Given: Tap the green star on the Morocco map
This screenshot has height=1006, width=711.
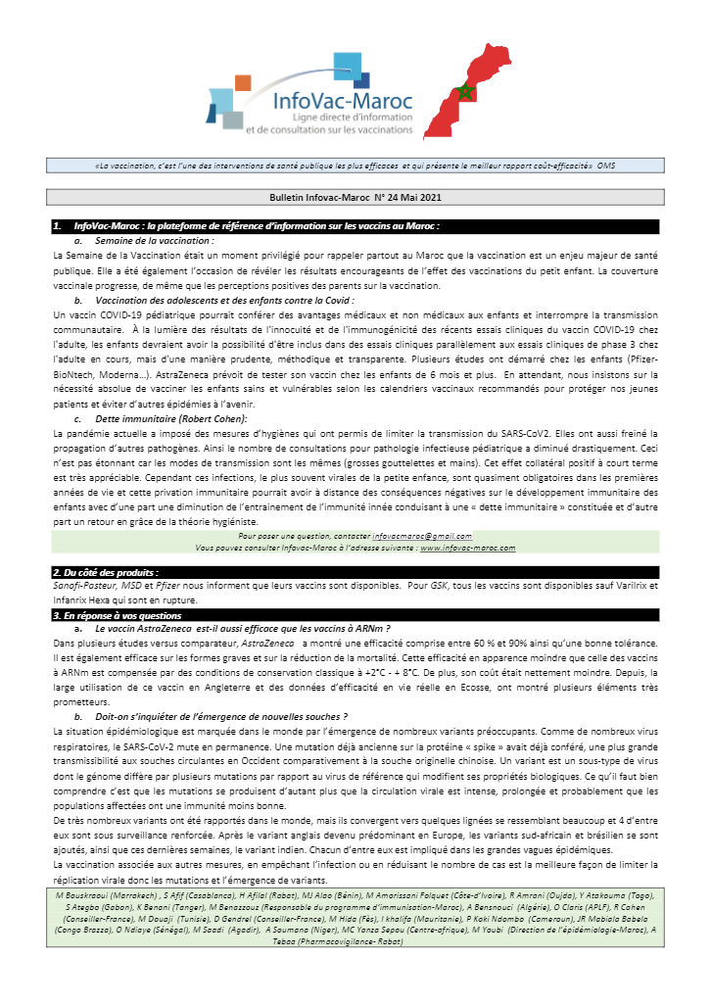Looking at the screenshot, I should pos(465,92).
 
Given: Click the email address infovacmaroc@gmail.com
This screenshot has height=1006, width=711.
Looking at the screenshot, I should pos(422,537).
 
